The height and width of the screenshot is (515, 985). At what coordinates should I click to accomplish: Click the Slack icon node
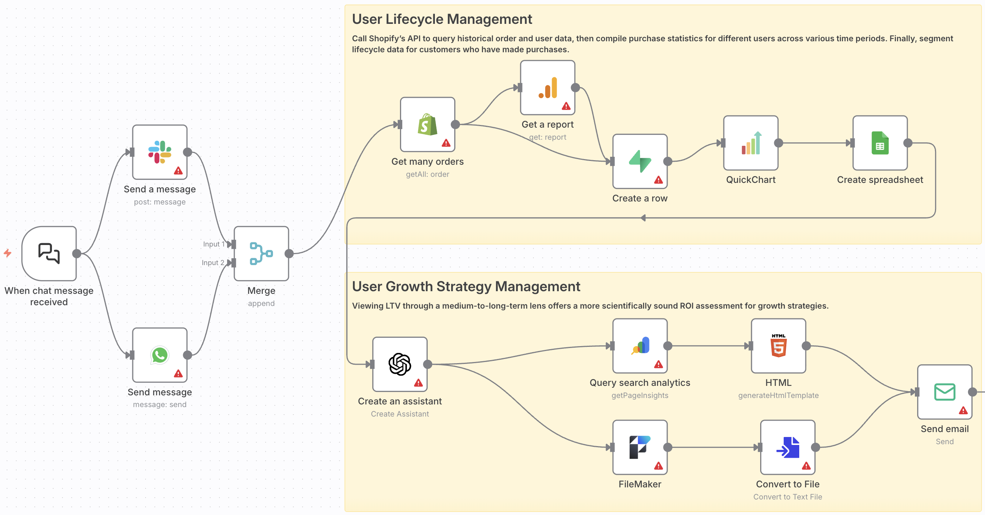pos(160,152)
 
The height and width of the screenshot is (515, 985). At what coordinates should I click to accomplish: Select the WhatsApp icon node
pos(160,354)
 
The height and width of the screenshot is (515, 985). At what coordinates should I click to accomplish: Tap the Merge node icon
pos(261,253)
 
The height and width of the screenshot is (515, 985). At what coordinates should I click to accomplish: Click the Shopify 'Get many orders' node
pos(427,124)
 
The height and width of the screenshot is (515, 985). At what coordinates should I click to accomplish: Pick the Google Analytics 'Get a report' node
pos(547,87)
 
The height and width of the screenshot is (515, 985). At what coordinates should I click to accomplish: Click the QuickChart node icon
pos(750,143)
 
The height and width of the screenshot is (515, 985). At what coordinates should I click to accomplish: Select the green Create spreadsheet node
pos(880,143)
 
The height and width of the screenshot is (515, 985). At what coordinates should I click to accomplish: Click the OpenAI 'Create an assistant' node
pos(400,364)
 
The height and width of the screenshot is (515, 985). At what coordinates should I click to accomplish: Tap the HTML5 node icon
pos(778,345)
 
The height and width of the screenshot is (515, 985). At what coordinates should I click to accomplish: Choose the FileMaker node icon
pos(640,447)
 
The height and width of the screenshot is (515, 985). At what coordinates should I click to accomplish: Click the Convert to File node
pos(787,447)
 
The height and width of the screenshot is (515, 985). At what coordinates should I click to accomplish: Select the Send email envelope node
pos(944,392)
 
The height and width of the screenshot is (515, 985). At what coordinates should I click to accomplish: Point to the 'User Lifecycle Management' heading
pos(442,19)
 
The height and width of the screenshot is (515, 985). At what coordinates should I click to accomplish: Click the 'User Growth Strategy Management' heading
pos(466,287)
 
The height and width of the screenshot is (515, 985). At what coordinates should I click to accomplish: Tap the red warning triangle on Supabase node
pos(658,180)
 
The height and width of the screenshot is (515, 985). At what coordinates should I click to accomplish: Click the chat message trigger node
pos(49,253)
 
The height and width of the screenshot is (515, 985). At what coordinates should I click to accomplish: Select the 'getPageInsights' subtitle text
pos(640,395)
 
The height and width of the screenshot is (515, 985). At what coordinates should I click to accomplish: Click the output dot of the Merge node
pos(289,253)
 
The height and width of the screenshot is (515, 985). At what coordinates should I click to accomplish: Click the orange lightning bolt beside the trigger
pos(8,253)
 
